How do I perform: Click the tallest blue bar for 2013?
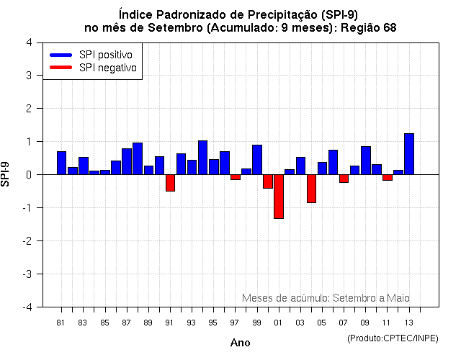pyautogui.click(x=409, y=154)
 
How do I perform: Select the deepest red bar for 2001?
pyautogui.click(x=279, y=196)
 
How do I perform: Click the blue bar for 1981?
pyautogui.click(x=61, y=163)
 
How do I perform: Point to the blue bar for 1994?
pyautogui.click(x=202, y=158)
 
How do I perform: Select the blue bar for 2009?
pyautogui.click(x=366, y=161)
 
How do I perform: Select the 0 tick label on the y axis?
pyautogui.click(x=28, y=175)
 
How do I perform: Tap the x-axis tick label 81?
pyautogui.click(x=61, y=322)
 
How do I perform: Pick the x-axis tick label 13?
pyautogui.click(x=408, y=322)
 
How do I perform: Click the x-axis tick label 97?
pyautogui.click(x=235, y=322)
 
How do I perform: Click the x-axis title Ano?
pyautogui.click(x=240, y=343)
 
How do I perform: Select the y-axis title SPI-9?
pyautogui.click(x=6, y=174)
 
